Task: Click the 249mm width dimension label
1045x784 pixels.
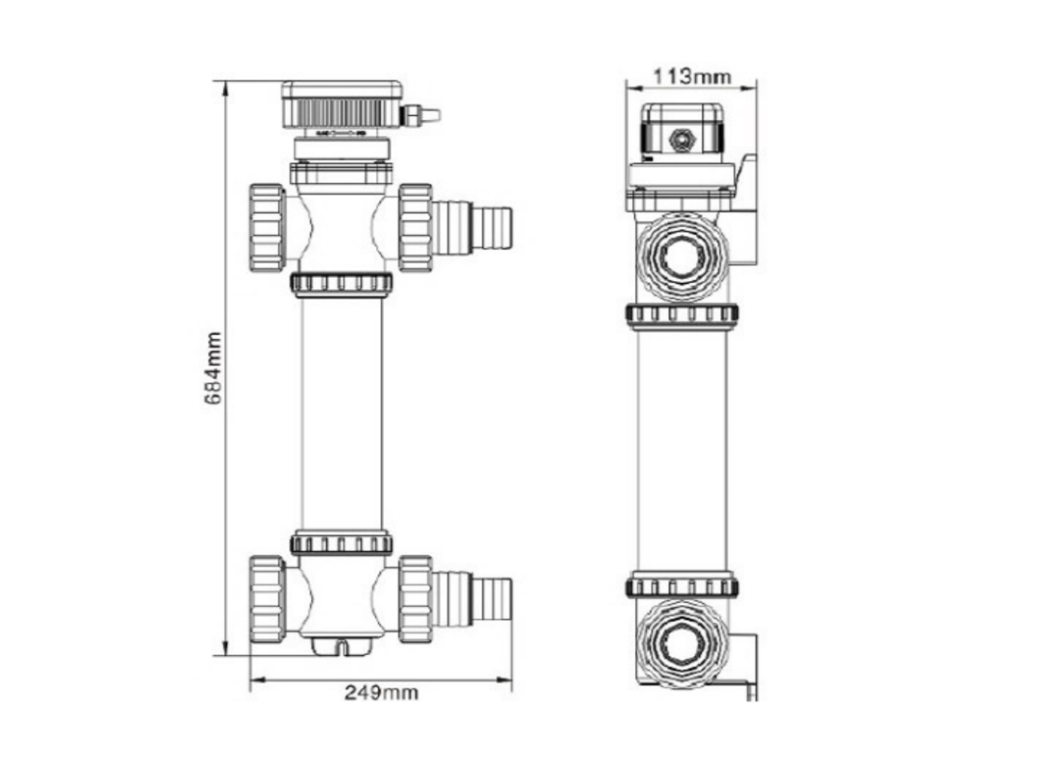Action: [381, 693]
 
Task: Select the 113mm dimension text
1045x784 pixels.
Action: [692, 77]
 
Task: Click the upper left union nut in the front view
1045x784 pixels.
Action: [267, 228]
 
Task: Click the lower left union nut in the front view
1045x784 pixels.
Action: [267, 598]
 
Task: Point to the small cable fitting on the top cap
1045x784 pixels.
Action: [420, 115]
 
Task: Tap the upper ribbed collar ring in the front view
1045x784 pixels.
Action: [341, 284]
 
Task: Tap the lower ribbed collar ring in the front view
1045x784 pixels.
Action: [341, 544]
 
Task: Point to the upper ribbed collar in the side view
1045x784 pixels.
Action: [682, 315]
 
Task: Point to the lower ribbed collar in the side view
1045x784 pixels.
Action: [682, 585]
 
